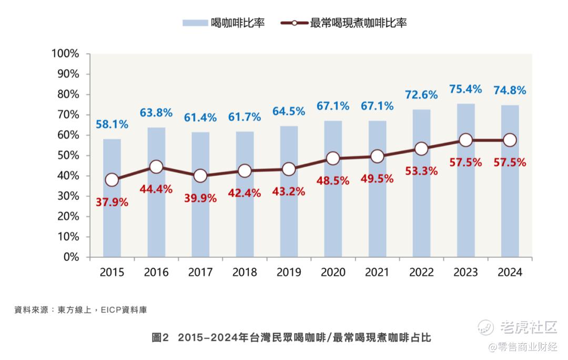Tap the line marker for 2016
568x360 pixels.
156,167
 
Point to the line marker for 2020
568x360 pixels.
333,158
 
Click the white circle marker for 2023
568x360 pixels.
465,140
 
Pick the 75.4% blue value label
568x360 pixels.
465,89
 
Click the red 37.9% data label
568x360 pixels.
111,201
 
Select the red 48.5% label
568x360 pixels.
333,181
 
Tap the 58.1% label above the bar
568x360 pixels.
111,125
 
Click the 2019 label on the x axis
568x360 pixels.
288,272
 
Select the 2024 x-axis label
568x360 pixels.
510,272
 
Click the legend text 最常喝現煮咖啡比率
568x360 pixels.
359,23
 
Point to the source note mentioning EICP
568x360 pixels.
80,310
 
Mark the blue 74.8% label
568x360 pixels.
510,91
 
